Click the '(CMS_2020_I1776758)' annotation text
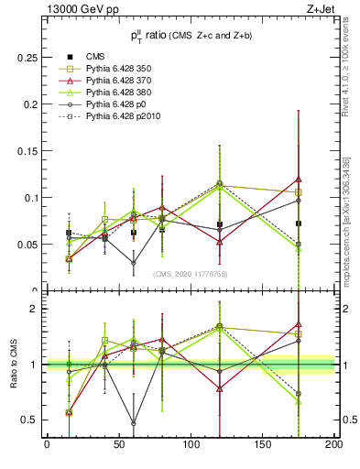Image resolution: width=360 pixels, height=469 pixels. (x=190, y=274)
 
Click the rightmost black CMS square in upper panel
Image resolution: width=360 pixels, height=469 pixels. (x=299, y=224)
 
